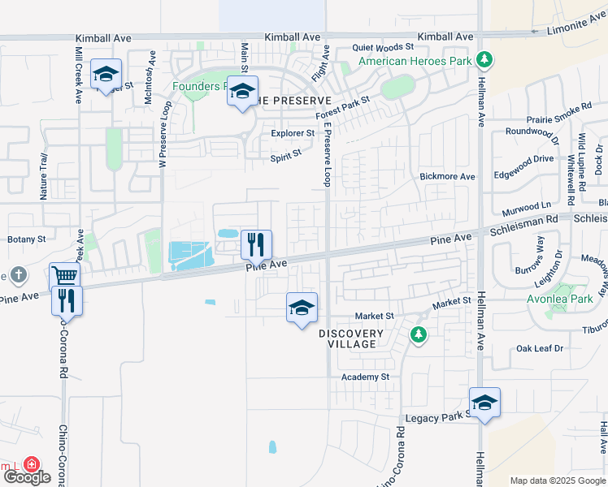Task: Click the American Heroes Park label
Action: (x=415, y=61)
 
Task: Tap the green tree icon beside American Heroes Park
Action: (x=485, y=59)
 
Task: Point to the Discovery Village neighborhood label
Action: (x=351, y=338)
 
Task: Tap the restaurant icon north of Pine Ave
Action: (x=256, y=243)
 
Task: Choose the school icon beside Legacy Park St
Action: (x=484, y=403)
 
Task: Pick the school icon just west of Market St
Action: (x=302, y=308)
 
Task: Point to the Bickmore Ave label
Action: (x=446, y=176)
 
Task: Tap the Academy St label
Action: (x=366, y=377)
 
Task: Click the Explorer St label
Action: (x=293, y=133)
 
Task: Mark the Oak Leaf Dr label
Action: (x=540, y=349)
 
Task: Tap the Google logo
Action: (x=26, y=477)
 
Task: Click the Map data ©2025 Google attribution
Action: (x=558, y=481)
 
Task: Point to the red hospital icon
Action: (x=31, y=464)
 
